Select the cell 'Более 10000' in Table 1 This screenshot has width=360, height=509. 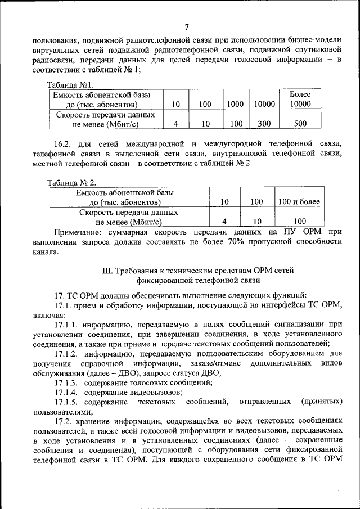(x=300, y=100)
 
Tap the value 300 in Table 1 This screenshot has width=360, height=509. (x=264, y=124)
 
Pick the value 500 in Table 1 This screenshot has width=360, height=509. (x=300, y=124)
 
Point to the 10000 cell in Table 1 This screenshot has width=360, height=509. (x=264, y=105)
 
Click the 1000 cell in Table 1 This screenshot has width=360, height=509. (x=235, y=105)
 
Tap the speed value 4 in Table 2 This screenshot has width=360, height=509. (x=224, y=222)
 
